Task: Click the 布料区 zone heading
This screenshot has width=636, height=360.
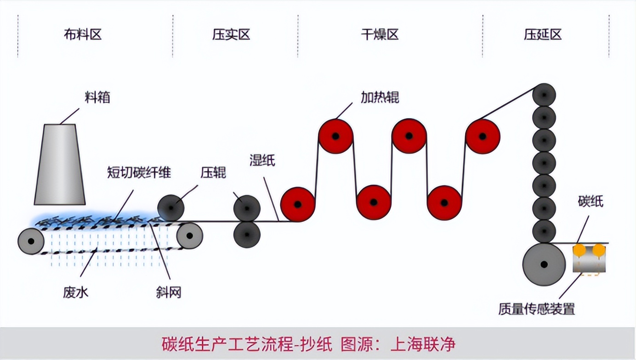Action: (83, 34)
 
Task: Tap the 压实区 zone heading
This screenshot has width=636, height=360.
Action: (231, 34)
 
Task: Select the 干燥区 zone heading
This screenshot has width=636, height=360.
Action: (380, 34)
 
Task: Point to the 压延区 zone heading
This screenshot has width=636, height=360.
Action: (543, 34)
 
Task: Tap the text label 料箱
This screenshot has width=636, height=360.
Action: (97, 97)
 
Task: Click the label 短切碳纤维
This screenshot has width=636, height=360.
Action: (139, 173)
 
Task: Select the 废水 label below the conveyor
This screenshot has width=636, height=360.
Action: (76, 292)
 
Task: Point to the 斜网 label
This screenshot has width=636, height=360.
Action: (169, 292)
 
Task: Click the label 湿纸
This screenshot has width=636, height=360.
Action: (262, 160)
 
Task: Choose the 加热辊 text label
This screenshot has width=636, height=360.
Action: (380, 97)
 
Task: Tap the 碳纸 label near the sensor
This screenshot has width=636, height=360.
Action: (591, 201)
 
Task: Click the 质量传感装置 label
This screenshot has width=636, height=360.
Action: (536, 309)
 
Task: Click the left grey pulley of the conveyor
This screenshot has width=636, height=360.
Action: (31, 241)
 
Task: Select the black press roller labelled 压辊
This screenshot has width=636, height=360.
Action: (171, 208)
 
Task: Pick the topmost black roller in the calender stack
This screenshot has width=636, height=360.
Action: (544, 96)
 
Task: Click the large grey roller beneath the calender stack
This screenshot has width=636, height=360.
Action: (544, 264)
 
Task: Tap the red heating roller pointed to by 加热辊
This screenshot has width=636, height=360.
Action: (336, 136)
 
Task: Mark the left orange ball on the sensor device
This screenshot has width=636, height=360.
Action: (579, 250)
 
